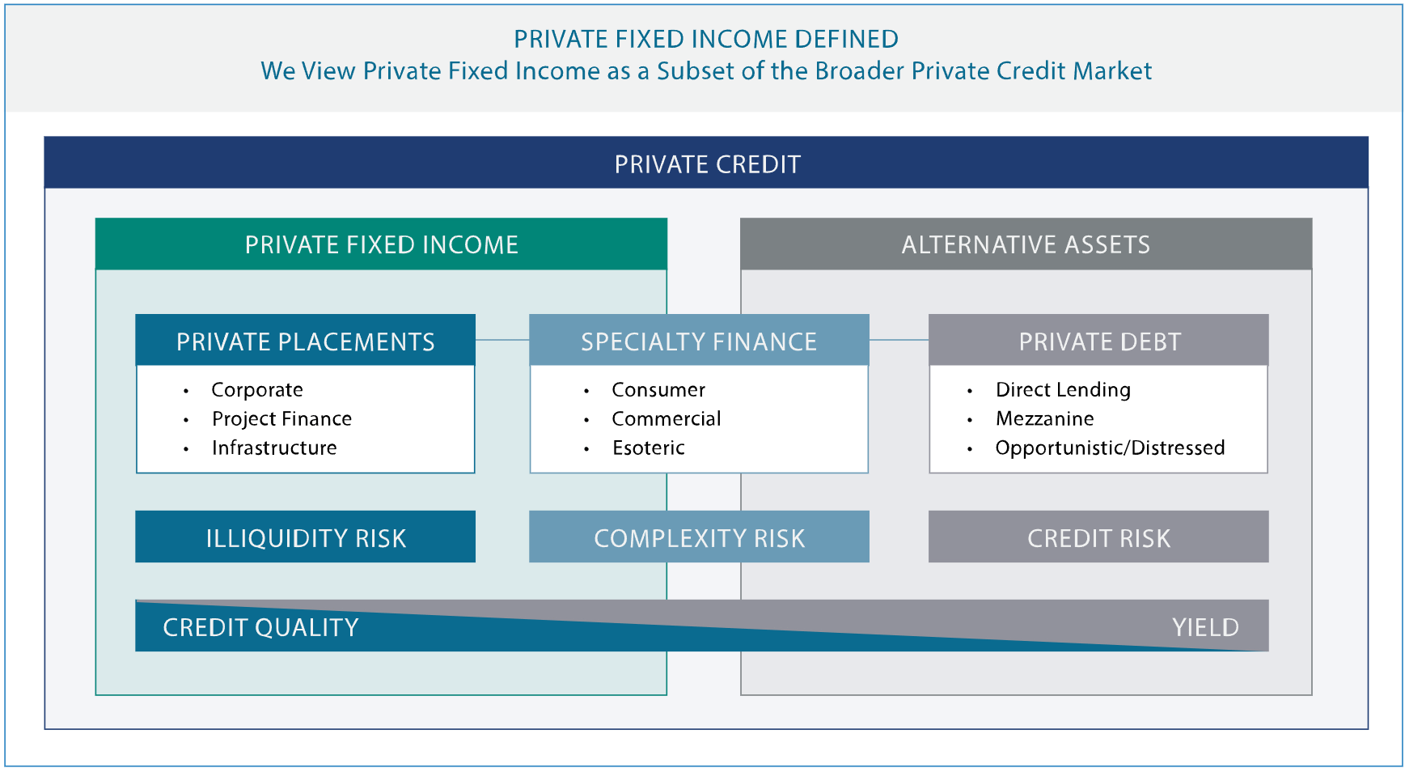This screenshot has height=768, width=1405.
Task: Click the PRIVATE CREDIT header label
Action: tap(707, 164)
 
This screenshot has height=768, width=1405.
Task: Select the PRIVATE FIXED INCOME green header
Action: tap(381, 244)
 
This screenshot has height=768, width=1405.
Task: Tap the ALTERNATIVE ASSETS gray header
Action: tap(1026, 244)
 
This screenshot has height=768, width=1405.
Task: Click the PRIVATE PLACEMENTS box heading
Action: tap(305, 341)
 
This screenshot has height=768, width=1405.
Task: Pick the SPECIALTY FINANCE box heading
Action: tap(699, 341)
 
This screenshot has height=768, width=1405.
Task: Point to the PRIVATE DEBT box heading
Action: tap(1098, 341)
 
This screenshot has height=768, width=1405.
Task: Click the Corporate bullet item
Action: tap(257, 390)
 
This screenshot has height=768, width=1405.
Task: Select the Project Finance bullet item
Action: tap(281, 419)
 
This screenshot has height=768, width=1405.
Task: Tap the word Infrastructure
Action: tap(274, 448)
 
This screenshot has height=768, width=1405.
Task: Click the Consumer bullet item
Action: tap(658, 390)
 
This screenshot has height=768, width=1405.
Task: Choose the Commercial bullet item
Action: tap(666, 419)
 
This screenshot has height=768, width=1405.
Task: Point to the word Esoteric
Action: tap(648, 448)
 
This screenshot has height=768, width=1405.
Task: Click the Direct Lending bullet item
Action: tap(1063, 390)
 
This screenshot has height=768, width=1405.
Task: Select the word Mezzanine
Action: tap(1044, 419)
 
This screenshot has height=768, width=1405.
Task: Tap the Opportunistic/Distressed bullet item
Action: tap(1110, 448)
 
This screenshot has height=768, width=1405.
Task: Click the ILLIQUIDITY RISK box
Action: tap(305, 537)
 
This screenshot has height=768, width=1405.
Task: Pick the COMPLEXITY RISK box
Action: tap(699, 537)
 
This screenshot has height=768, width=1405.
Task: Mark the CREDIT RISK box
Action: tap(1098, 537)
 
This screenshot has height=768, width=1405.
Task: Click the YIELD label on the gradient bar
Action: tap(1205, 627)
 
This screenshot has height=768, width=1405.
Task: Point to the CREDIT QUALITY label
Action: tap(260, 627)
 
